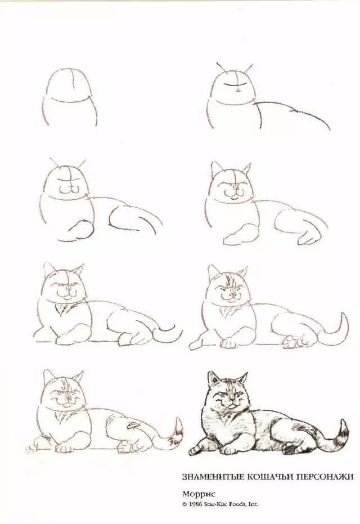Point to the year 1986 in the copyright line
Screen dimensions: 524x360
point(197,504)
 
